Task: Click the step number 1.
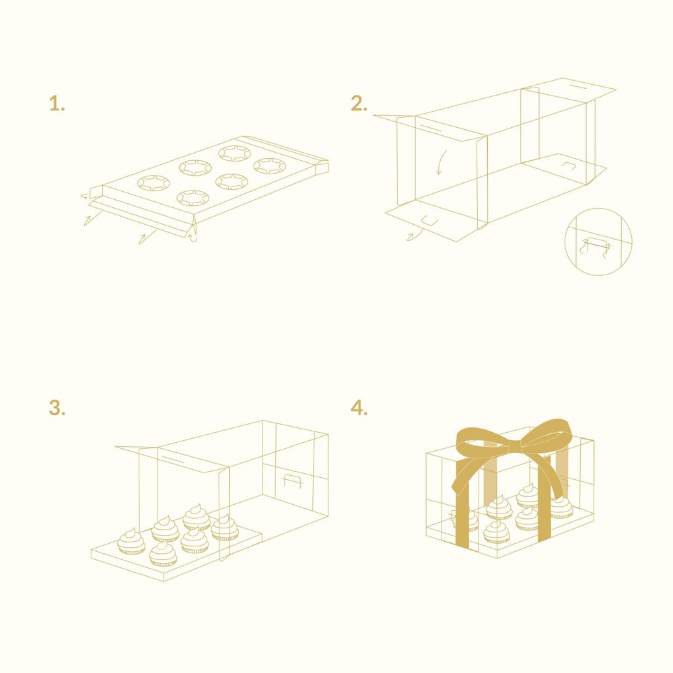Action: click(x=57, y=104)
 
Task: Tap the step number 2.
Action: click(x=359, y=104)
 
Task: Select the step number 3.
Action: click(x=57, y=409)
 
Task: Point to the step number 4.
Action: click(x=359, y=409)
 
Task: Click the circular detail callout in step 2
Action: click(x=599, y=241)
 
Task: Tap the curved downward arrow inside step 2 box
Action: click(x=441, y=162)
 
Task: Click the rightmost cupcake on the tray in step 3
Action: click(x=225, y=528)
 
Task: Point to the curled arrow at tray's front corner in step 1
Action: click(x=193, y=236)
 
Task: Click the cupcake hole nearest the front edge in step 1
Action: click(x=193, y=197)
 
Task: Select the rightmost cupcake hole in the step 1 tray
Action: click(x=271, y=166)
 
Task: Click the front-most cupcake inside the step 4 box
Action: click(x=497, y=532)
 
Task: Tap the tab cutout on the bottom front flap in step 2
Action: click(x=429, y=220)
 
